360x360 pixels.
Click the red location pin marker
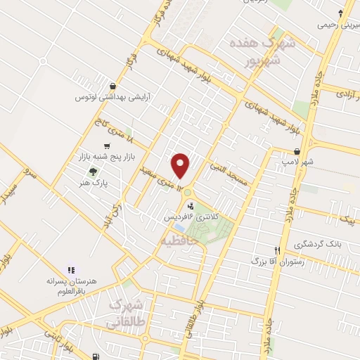pos(181,165)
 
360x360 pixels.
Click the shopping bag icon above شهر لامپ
pos(297,151)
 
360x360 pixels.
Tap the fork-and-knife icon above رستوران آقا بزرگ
pos(277,250)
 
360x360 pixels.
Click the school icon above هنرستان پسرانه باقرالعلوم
pos(70,269)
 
